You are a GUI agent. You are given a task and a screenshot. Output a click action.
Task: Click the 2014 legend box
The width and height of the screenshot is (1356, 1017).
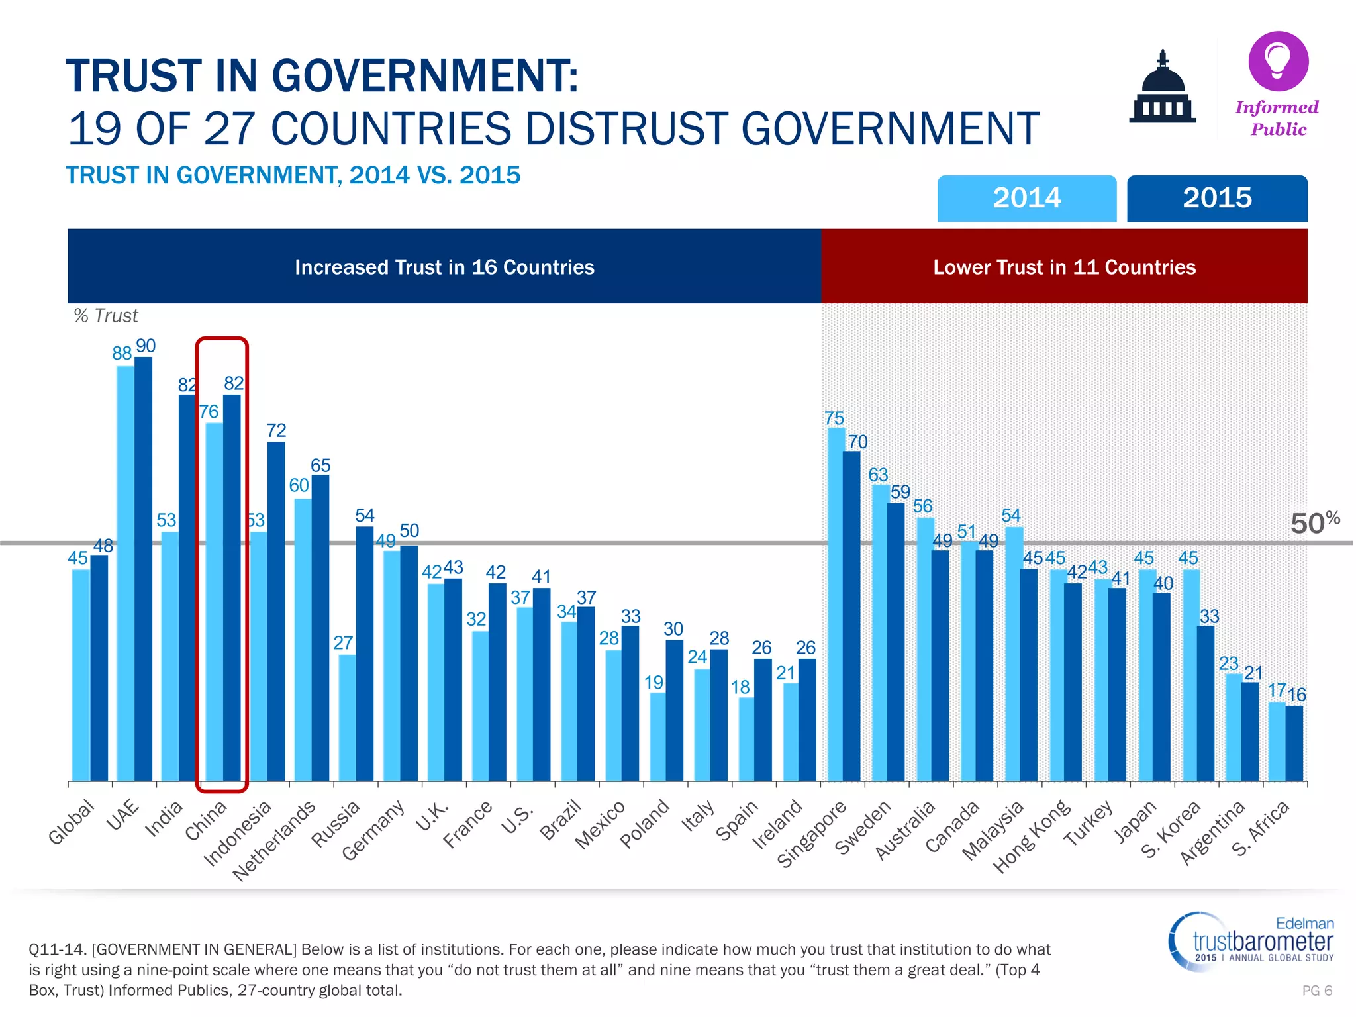click(x=1026, y=198)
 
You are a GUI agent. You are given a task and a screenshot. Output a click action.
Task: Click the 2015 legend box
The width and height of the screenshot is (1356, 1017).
click(x=1217, y=198)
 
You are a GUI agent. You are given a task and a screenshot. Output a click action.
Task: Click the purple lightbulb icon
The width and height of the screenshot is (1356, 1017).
click(x=1278, y=61)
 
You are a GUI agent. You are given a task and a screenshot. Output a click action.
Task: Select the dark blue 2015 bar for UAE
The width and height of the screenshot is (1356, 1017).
click(x=144, y=569)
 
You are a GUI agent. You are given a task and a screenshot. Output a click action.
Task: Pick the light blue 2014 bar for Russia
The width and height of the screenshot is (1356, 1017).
click(x=347, y=718)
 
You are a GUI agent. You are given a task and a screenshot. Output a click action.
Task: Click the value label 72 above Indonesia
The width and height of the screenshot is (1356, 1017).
click(x=276, y=431)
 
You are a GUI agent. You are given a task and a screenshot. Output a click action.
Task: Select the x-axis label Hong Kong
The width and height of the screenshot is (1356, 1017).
click(x=1032, y=836)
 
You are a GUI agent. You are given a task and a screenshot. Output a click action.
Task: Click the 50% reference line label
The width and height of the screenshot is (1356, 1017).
click(x=1315, y=523)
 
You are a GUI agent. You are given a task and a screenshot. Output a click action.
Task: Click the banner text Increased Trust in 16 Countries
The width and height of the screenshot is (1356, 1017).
click(x=444, y=267)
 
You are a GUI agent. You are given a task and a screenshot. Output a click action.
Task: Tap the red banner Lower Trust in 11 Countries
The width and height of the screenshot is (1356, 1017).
click(x=1064, y=267)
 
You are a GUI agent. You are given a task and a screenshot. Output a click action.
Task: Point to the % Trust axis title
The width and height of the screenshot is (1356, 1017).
click(x=106, y=316)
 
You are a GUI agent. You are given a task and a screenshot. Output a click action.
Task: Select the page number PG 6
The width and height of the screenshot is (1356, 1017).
click(x=1316, y=991)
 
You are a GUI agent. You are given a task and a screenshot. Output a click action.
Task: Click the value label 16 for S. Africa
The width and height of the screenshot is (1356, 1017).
click(x=1296, y=695)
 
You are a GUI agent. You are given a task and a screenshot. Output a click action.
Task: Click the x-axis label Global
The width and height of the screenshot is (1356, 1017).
click(x=72, y=822)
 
